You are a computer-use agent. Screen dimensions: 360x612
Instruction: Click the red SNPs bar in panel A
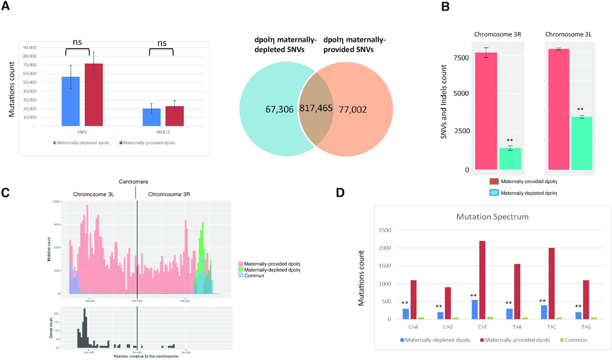94,95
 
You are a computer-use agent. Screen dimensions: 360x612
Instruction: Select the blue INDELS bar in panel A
152,117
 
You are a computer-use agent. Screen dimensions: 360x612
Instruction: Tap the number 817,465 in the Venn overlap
316,108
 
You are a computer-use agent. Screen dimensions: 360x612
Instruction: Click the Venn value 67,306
280,110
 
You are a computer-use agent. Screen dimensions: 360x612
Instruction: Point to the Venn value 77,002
353,110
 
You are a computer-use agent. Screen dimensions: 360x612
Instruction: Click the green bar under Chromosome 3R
510,159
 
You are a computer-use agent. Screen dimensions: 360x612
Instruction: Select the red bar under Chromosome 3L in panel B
559,109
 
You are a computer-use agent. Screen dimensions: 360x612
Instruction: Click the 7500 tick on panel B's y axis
461,58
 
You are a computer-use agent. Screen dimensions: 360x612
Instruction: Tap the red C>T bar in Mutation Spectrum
482,280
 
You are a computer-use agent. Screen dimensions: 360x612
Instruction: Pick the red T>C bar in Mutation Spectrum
551,283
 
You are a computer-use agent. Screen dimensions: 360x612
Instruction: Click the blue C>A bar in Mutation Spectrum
406,314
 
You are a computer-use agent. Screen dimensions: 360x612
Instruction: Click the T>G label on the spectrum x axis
586,327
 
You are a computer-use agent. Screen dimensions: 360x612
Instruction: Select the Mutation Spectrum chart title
493,217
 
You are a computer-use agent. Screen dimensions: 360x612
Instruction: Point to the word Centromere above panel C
133,182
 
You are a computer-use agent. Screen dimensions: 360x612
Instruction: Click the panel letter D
340,192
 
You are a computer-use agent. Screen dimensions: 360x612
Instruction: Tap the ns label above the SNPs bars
77,42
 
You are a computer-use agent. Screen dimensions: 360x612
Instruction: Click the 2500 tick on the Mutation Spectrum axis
385,230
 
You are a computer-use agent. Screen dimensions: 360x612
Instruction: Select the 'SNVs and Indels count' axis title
444,101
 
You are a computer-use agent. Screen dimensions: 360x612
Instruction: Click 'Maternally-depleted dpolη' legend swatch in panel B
494,193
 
